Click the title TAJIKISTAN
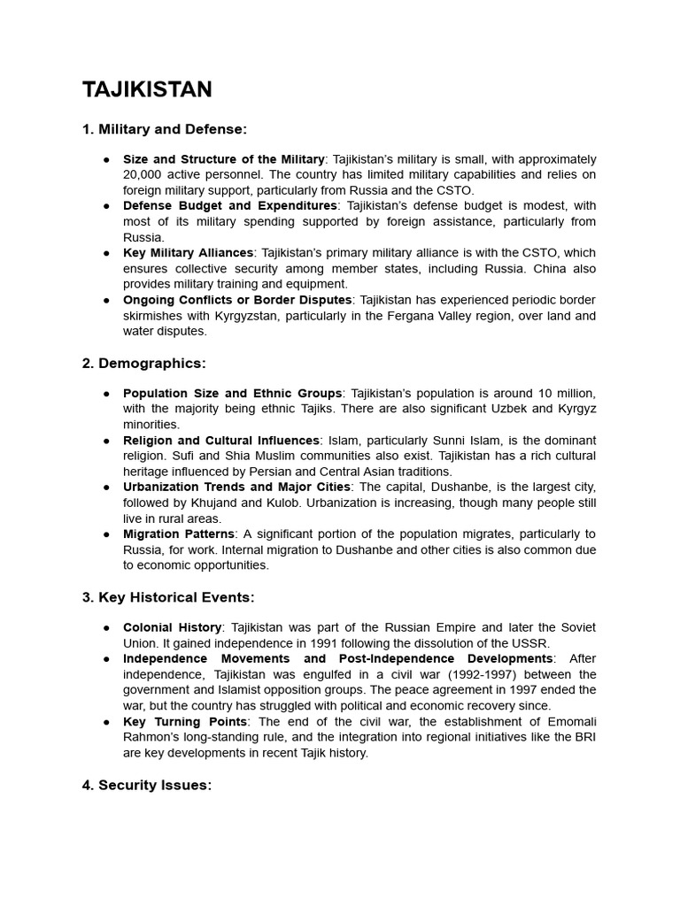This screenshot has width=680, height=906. tap(147, 89)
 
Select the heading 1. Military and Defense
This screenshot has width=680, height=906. tap(164, 129)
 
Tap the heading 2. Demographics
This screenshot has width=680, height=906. tap(143, 363)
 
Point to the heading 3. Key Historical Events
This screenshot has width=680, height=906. tap(168, 597)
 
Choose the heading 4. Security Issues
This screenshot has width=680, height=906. tap(146, 785)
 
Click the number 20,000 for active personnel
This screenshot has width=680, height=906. tap(142, 174)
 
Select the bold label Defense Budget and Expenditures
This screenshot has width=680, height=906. tap(230, 205)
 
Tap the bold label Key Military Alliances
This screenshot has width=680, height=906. tap(189, 252)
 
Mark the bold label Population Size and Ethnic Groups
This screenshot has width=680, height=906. tap(233, 393)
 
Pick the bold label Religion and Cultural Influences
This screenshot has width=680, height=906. tap(221, 440)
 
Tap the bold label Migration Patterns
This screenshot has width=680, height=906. tap(179, 534)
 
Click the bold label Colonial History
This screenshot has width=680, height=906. tap(172, 627)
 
